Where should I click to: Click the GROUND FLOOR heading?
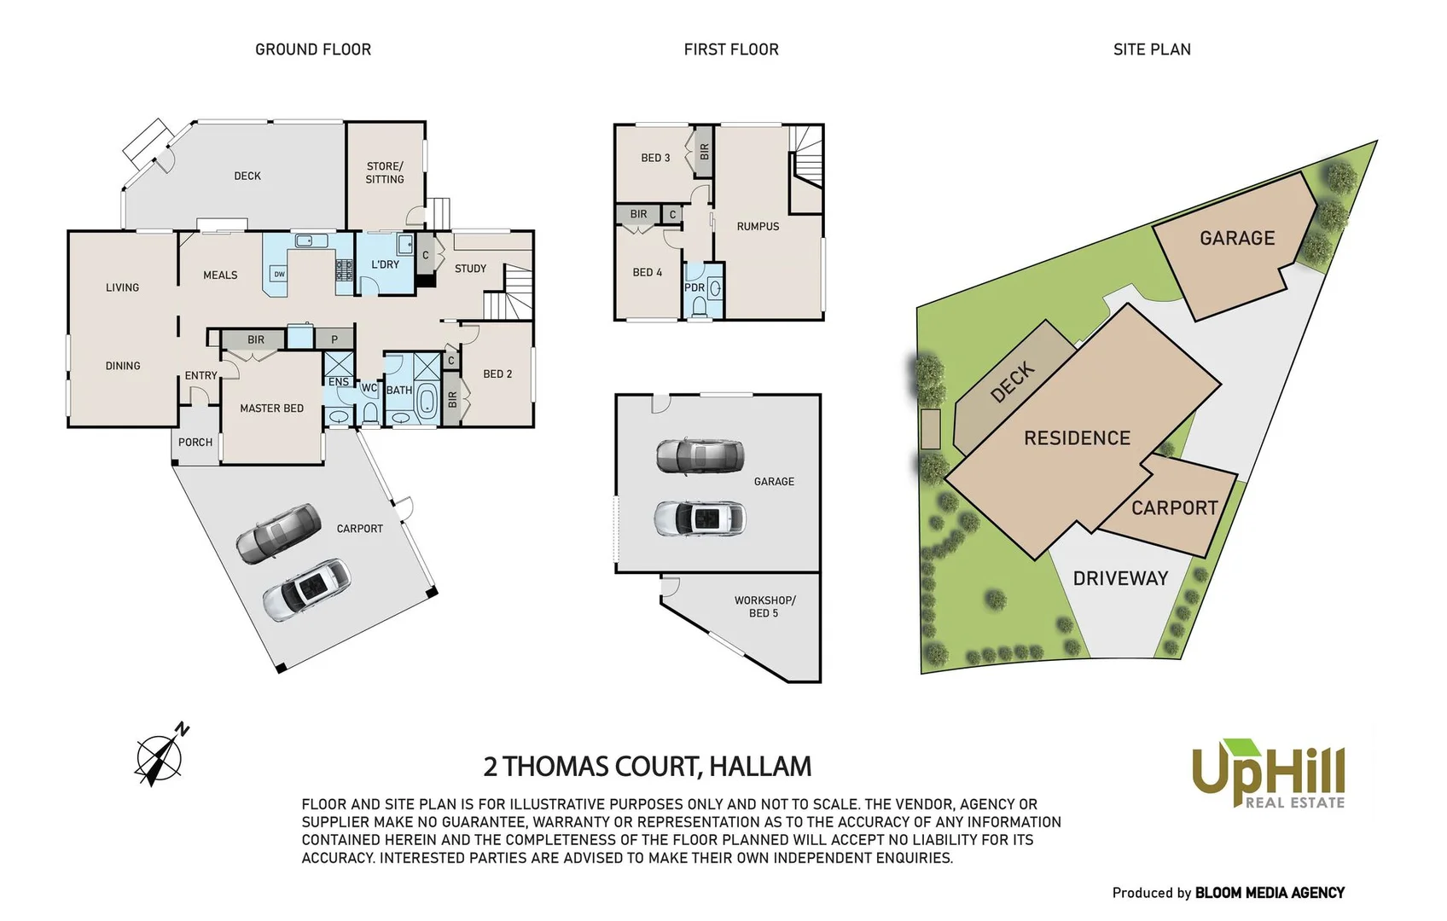coord(313,49)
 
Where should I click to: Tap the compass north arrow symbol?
coord(160,755)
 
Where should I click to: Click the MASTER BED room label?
coord(271,408)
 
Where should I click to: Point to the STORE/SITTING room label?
coord(385,172)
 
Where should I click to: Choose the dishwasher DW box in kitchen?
coord(279,274)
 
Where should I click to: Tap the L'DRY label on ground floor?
coord(385,264)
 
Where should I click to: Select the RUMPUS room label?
coord(758,226)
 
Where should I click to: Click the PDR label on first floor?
coord(694,287)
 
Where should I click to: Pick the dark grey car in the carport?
coord(278,533)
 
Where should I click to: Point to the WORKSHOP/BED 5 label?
coord(764,606)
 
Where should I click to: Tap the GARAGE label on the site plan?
coord(1236,238)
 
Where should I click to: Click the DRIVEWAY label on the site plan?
coord(1119,578)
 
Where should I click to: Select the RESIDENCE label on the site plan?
coord(1077,437)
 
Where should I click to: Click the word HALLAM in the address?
coord(760,766)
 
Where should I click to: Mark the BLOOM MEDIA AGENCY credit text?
coord(1269,893)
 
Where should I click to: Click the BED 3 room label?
coord(655,158)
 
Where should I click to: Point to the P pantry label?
coord(334,339)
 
